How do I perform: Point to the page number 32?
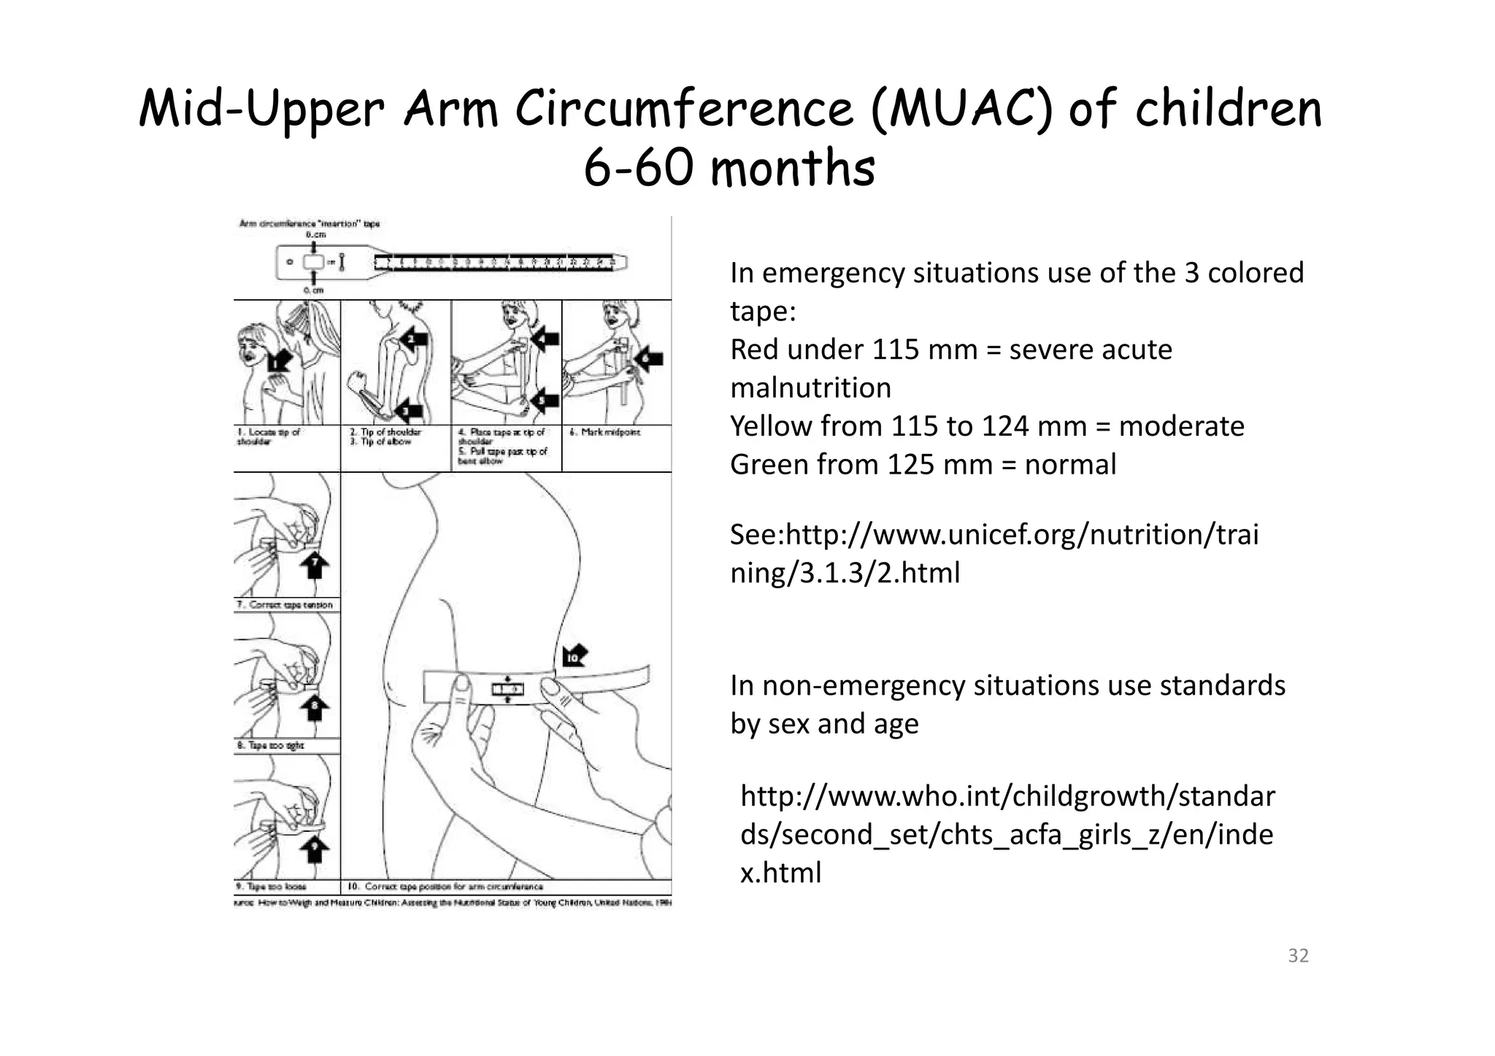coord(1298,955)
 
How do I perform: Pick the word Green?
coord(768,465)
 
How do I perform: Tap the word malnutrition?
coord(810,388)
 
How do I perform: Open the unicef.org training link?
coord(994,553)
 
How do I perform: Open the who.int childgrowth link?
coord(1007,833)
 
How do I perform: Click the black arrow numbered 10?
coord(575,656)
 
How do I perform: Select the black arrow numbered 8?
coord(315,707)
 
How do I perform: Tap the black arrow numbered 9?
coord(315,847)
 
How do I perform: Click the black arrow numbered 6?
coord(648,358)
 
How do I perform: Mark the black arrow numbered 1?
coord(279,361)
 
